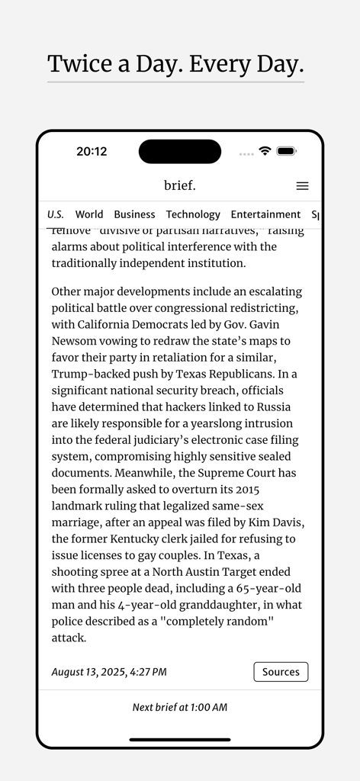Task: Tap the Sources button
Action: click(x=281, y=672)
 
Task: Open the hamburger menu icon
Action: click(x=302, y=186)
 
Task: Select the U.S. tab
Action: click(x=56, y=214)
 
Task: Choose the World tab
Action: click(x=89, y=214)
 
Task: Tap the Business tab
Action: click(x=134, y=214)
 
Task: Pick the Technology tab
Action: click(x=193, y=214)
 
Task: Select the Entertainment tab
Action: click(x=265, y=214)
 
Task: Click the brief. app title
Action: click(x=180, y=185)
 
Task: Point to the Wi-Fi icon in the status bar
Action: click(x=265, y=151)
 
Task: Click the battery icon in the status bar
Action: click(x=286, y=151)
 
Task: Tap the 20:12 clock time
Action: click(x=92, y=151)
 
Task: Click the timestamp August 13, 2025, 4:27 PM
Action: click(x=109, y=672)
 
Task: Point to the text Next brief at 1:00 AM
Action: click(x=180, y=707)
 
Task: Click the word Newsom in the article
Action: click(x=74, y=341)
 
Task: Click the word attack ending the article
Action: click(x=68, y=638)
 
